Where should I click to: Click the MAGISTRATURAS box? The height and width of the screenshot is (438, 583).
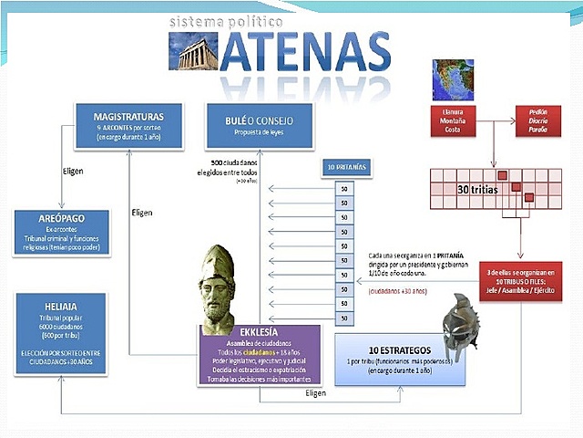pyautogui.click(x=128, y=125)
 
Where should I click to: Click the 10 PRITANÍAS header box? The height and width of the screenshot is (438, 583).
pyautogui.click(x=343, y=168)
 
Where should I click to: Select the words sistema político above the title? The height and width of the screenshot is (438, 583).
pyautogui.click(x=227, y=20)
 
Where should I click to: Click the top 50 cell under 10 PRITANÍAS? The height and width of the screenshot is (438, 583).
pyautogui.click(x=343, y=190)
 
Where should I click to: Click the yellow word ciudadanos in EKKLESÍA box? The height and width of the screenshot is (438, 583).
pyautogui.click(x=258, y=352)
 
